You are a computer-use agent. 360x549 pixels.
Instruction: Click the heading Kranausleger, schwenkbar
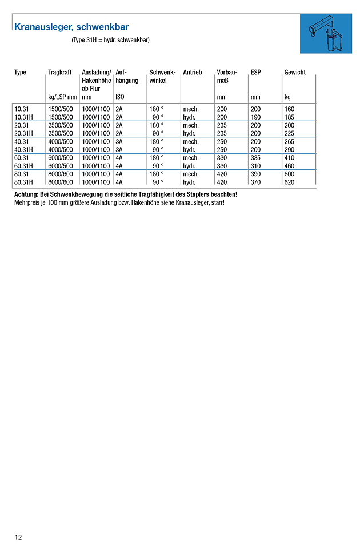pos(71,27)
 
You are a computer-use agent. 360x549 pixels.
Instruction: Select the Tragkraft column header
pos(59,73)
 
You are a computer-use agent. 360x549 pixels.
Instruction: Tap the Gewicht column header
pos(295,73)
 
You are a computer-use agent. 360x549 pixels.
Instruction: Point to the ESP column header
pos(255,73)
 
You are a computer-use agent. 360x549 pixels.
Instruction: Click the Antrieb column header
pos(193,73)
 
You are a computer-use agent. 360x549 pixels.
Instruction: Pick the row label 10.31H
pos(24,117)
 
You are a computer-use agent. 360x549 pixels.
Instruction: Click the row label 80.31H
pos(24,182)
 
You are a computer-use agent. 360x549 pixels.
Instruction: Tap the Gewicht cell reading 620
pos(289,182)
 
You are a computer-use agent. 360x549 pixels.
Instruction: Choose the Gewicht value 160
pos(289,109)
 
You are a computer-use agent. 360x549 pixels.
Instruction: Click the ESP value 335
pos(255,157)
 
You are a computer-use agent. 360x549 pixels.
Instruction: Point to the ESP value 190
pos(255,117)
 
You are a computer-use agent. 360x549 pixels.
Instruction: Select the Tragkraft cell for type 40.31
pos(61,141)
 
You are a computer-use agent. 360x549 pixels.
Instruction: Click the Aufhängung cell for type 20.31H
pos(119,133)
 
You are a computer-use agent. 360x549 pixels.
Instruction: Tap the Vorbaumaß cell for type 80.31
pos(222,174)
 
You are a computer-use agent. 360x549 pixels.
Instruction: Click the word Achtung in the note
pos(26,194)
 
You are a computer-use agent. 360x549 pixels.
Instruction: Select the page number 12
pos(18,537)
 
